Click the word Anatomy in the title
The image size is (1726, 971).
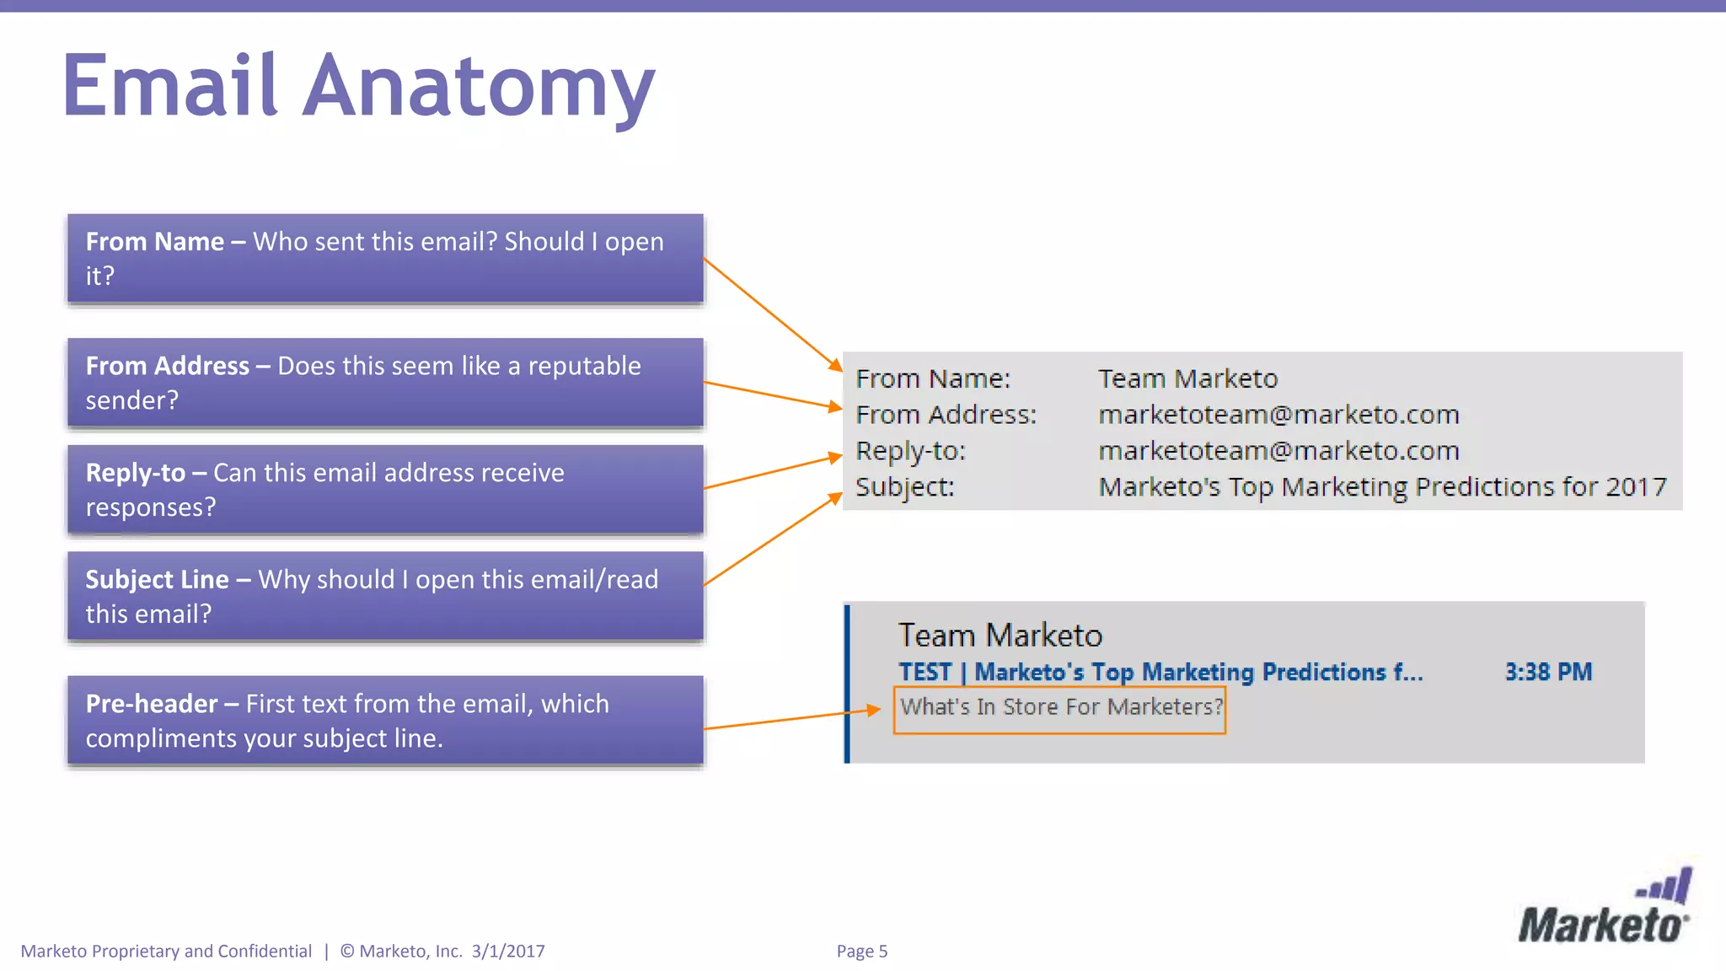tap(478, 86)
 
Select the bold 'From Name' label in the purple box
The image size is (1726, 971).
tap(155, 242)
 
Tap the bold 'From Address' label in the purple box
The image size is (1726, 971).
tap(168, 366)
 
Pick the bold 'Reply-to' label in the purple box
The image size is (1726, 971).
tap(136, 473)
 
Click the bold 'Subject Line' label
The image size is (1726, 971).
tap(158, 580)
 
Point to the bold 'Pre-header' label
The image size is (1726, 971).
tap(152, 704)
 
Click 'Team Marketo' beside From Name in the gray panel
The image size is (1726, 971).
tap(1187, 378)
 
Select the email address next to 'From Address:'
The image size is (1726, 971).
tap(1278, 415)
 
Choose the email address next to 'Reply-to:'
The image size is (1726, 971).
tap(1278, 451)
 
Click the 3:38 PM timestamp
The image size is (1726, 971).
tap(1548, 672)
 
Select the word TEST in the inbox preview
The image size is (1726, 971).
tap(925, 672)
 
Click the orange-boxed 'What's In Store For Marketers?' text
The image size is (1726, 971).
tap(1060, 706)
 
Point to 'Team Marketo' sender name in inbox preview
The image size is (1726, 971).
tap(1000, 636)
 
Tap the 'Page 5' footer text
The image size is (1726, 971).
tap(861, 951)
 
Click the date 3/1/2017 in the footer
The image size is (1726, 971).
tap(508, 951)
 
